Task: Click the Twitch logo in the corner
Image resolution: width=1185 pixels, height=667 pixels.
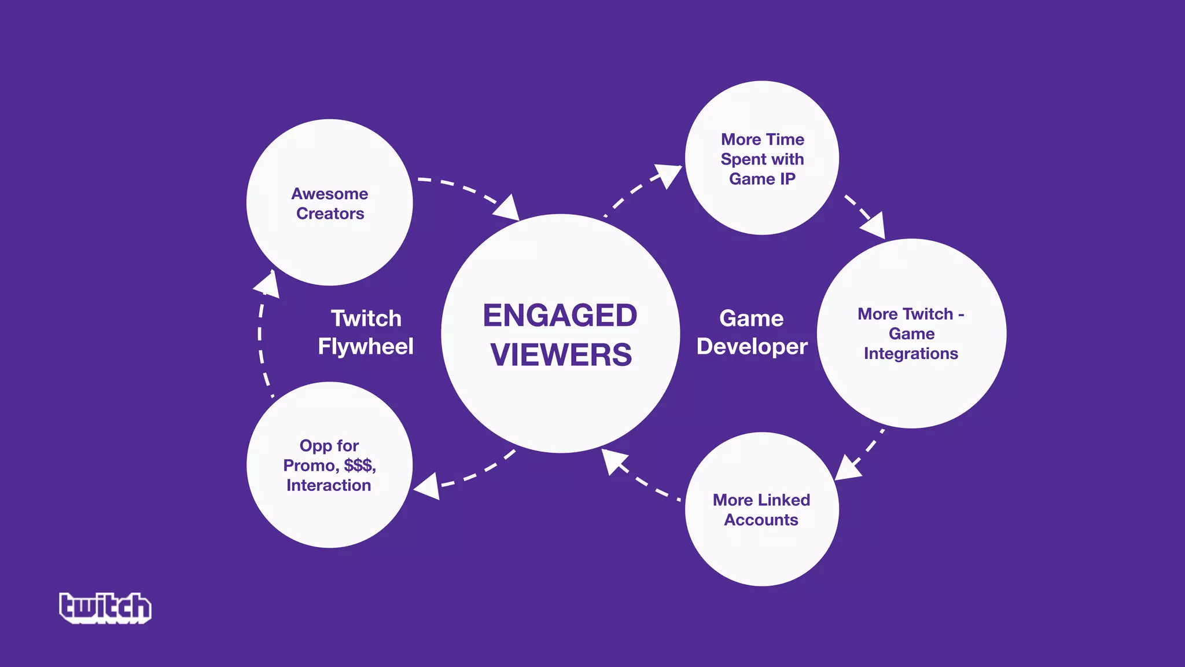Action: point(105,607)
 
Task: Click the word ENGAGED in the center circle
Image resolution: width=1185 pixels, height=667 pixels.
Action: point(560,316)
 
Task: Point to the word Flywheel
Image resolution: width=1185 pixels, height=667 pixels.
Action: point(366,347)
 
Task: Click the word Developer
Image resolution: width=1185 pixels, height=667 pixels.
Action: point(752,347)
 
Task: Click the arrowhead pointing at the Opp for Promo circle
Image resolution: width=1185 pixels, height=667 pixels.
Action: point(428,486)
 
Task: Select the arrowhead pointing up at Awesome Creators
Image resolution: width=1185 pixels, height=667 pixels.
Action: point(268,284)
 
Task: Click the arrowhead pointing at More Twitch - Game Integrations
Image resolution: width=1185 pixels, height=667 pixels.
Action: point(874,225)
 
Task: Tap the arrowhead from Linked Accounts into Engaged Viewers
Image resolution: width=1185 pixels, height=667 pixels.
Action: point(613,461)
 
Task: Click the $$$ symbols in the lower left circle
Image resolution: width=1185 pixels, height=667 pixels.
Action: point(359,466)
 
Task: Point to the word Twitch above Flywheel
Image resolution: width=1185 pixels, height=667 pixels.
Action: point(366,318)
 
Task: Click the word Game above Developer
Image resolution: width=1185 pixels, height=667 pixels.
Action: point(751,318)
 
